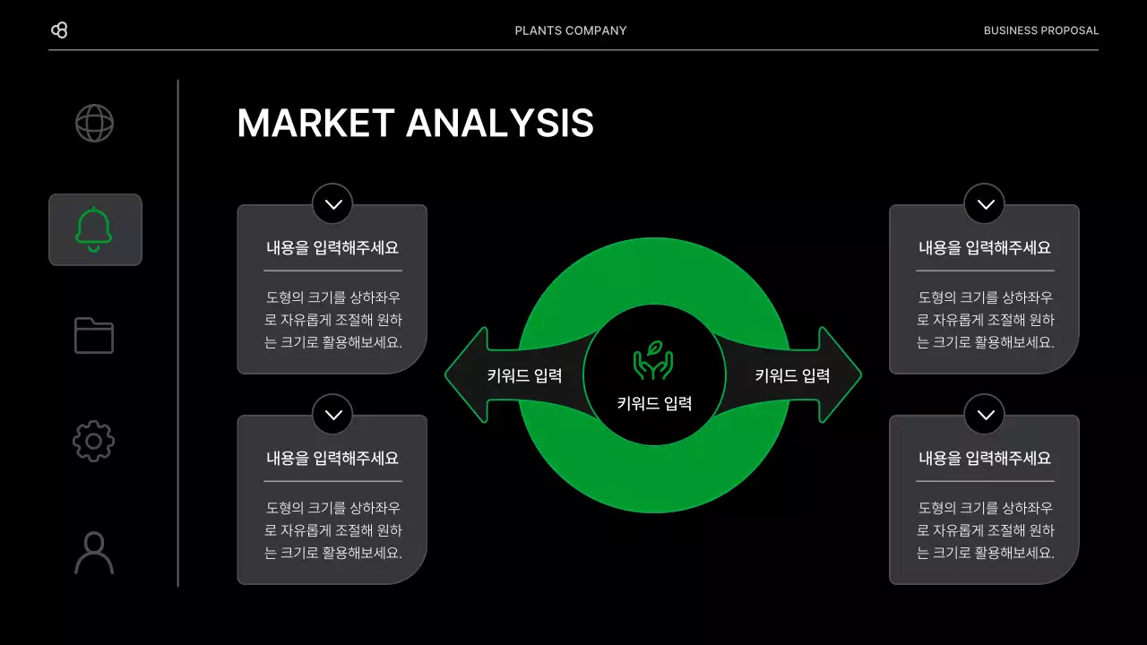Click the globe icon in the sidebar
click(94, 124)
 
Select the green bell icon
click(94, 229)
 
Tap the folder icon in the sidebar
click(94, 335)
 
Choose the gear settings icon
click(94, 441)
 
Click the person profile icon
click(94, 553)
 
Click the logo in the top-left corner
click(59, 30)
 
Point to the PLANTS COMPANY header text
click(571, 30)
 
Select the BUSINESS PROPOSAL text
click(1040, 30)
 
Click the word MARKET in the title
click(315, 124)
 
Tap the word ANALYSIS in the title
click(500, 124)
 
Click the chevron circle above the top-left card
click(332, 204)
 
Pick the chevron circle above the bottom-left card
click(332, 415)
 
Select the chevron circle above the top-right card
click(985, 204)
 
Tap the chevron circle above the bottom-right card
click(985, 415)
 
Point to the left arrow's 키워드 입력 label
click(524, 376)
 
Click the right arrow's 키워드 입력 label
click(792, 376)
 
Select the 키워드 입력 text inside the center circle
click(654, 403)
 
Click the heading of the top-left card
click(332, 248)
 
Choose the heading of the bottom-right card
click(985, 459)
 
